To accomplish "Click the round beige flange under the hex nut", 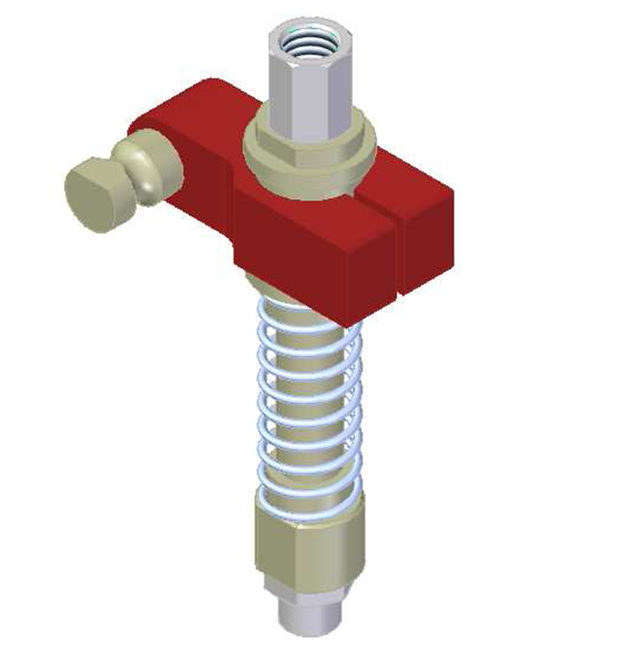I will tap(310, 182).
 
